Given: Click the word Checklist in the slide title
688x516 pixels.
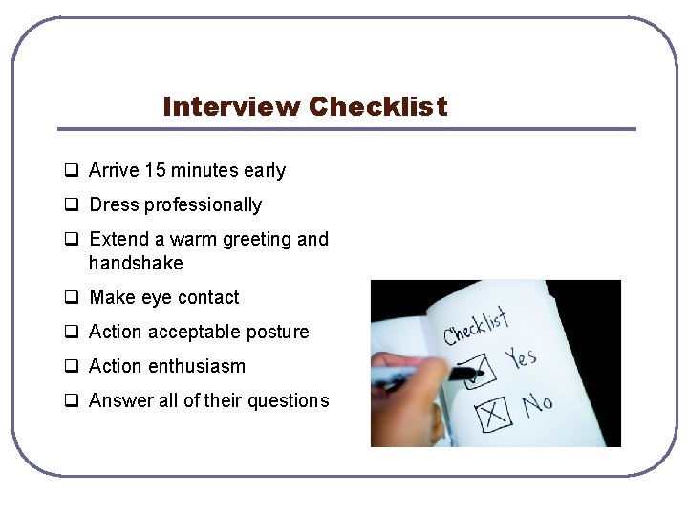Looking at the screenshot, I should pos(377,106).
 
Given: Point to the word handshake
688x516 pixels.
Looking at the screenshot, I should pos(136,263).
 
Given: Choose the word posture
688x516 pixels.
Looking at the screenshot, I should pos(276,333).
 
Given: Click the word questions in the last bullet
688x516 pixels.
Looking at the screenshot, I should pos(289,401).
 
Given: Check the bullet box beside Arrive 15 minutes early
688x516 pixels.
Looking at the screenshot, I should pos(72,172).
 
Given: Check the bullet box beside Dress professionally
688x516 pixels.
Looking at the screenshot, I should pos(72,205).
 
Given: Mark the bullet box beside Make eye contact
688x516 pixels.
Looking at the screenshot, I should pos(72,298).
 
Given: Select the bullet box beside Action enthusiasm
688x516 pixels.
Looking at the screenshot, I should pos(72,367).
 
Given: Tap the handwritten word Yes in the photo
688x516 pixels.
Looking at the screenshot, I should pos(521,359).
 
